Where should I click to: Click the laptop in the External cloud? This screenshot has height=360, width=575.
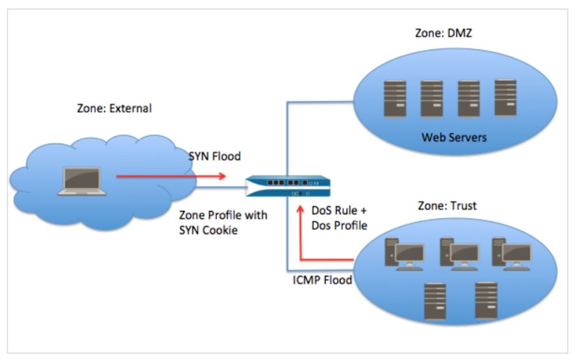click(82, 181)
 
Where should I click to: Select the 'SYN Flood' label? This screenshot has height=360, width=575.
click(215, 156)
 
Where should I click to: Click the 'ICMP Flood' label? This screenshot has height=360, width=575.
click(322, 281)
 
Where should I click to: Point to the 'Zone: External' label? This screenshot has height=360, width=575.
click(114, 108)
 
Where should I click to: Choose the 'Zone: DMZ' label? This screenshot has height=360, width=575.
click(443, 33)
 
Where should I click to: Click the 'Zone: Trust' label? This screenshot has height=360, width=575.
click(446, 206)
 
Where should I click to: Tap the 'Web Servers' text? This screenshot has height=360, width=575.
click(454, 137)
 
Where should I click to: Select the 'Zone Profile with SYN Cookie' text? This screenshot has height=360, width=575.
click(223, 223)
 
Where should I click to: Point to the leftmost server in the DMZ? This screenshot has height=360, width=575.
click(395, 98)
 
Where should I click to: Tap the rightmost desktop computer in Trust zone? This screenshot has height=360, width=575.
click(511, 254)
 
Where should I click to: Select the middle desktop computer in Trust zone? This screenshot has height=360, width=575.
click(459, 254)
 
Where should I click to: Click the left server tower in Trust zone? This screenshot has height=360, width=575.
click(435, 301)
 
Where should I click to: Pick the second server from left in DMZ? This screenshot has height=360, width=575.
click(432, 98)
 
